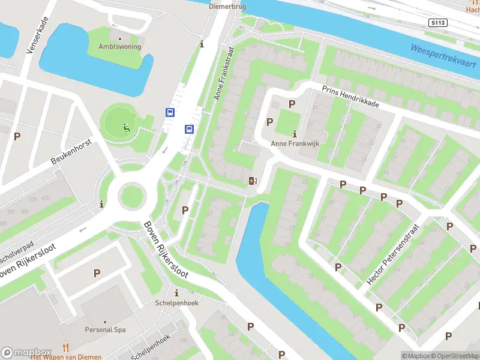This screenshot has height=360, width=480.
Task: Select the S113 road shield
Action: (x=437, y=22)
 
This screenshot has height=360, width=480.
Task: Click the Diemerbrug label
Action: (x=228, y=7)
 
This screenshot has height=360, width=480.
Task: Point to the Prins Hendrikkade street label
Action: (x=350, y=95)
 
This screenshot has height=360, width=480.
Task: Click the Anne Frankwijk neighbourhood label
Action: (x=294, y=143)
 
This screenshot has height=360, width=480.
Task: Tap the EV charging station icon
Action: (x=253, y=181)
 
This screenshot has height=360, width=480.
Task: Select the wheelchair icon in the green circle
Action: (x=126, y=127)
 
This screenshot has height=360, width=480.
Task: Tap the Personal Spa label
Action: (x=106, y=329)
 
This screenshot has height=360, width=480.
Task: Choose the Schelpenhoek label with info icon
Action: (x=176, y=303)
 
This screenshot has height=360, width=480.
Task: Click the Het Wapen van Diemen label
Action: (x=66, y=357)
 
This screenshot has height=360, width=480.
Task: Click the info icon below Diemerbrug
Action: (x=202, y=44)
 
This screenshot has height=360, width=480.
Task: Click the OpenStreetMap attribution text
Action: (x=454, y=356)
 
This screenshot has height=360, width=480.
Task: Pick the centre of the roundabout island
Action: (x=131, y=195)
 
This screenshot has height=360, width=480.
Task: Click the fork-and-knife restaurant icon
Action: (x=66, y=347)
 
